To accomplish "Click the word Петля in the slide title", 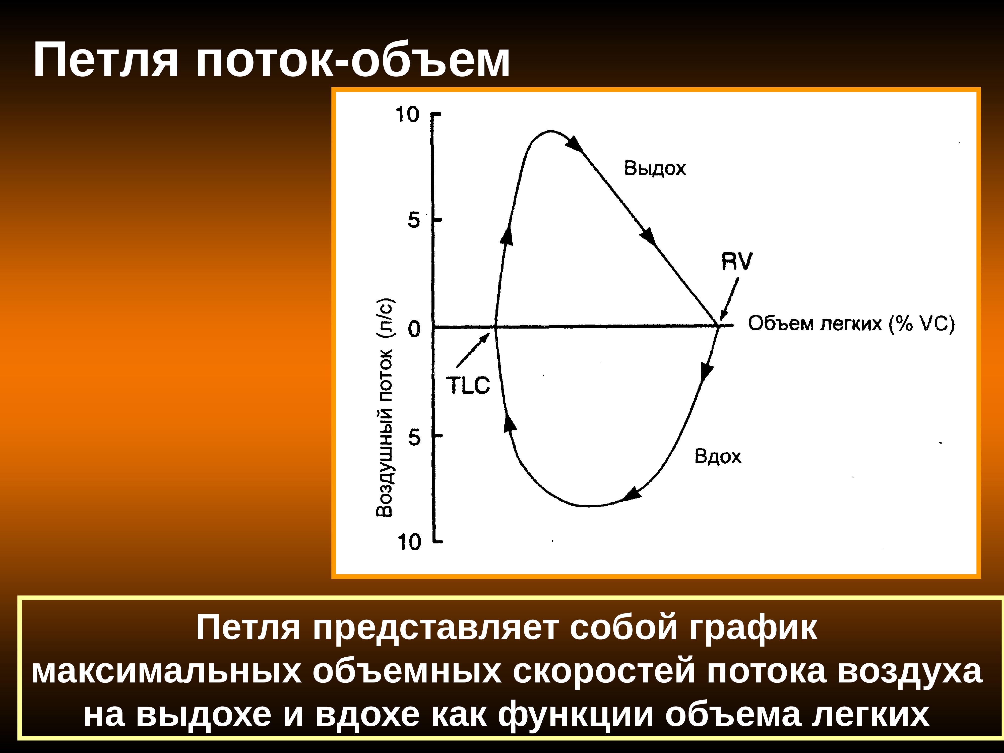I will [106, 60].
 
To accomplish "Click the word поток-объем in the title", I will [353, 60].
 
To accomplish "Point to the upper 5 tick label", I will [413, 220].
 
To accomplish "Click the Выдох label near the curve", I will [655, 168].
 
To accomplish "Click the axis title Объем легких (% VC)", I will [851, 324].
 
